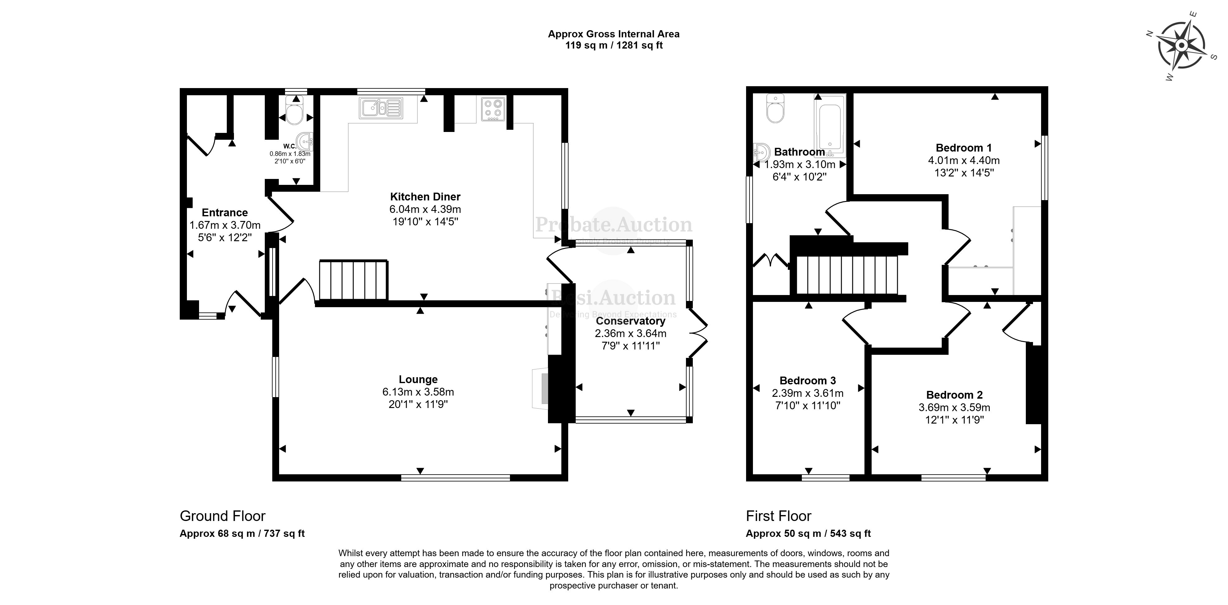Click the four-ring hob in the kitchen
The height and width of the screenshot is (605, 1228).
[x=493, y=109]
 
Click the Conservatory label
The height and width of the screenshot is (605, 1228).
[x=630, y=321]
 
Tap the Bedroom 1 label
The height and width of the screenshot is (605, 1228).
[x=964, y=148]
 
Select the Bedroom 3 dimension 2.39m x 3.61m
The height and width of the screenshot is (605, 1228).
[x=807, y=393]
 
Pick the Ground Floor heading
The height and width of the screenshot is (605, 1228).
[x=222, y=516]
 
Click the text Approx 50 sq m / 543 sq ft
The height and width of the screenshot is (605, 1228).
[x=808, y=533]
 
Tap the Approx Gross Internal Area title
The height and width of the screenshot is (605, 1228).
[x=613, y=34]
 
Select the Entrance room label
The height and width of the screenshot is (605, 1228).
[x=225, y=213]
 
